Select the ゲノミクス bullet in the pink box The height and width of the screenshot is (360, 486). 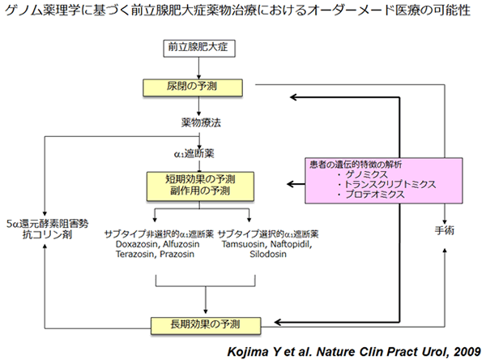(x=361, y=174)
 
